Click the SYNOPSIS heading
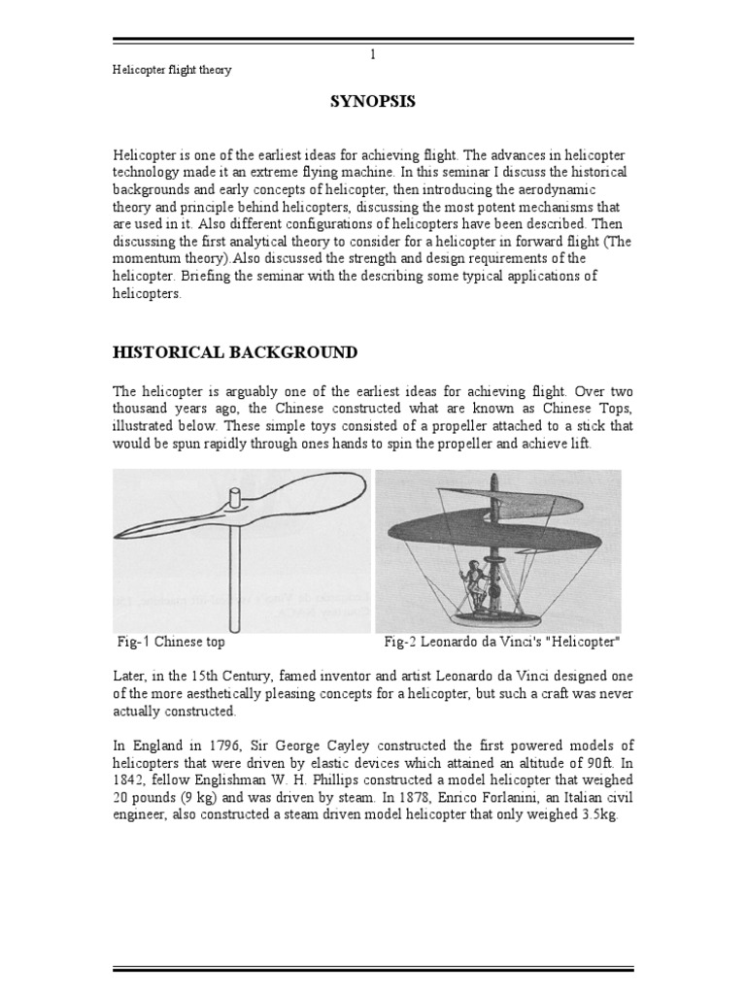373,102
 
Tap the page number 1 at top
373,54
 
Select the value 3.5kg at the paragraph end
596,815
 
